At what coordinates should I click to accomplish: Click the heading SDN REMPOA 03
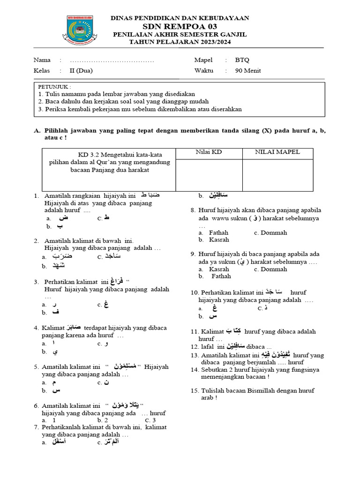click(x=180, y=26)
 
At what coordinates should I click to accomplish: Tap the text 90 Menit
click(x=248, y=71)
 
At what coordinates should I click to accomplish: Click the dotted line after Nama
click(x=112, y=60)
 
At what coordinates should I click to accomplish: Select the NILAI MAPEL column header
click(x=277, y=152)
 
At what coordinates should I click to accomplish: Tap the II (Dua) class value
click(x=81, y=71)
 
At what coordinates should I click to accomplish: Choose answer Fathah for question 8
click(x=218, y=232)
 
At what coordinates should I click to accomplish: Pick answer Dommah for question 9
click(x=273, y=269)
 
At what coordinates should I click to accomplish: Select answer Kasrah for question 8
click(x=218, y=240)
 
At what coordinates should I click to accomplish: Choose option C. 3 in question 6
click(x=151, y=420)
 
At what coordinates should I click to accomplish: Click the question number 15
click(x=195, y=390)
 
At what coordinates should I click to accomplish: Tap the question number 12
click(x=195, y=346)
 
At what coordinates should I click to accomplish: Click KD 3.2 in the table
click(x=89, y=155)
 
